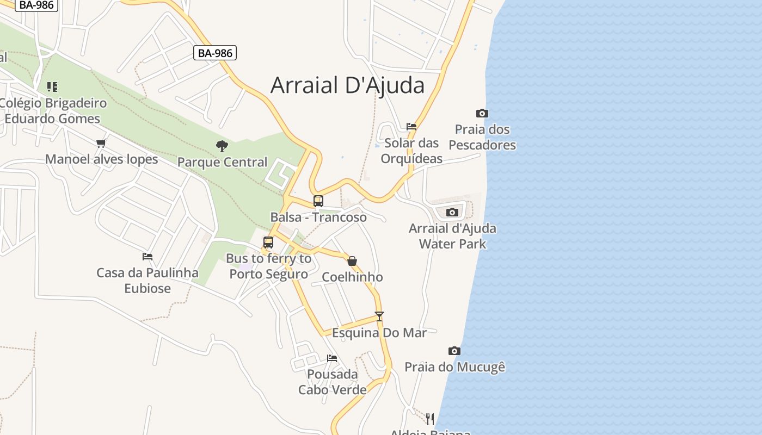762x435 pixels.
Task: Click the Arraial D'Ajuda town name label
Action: tap(347, 85)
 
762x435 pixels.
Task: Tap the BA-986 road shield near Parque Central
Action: tap(215, 53)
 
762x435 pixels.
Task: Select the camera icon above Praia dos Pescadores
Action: tap(482, 114)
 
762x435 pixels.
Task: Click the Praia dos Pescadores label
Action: tap(482, 137)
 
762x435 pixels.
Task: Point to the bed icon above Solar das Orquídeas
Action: tap(411, 127)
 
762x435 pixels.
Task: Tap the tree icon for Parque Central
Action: tap(222, 146)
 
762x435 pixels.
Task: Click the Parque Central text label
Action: tap(222, 162)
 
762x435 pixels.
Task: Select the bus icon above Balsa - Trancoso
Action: tap(318, 201)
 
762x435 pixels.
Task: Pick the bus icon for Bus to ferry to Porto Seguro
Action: tap(268, 243)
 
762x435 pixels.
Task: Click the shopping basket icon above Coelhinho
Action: tap(352, 261)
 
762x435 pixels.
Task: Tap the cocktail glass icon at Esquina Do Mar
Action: tap(379, 316)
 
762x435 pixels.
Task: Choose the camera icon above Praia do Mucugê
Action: tap(454, 351)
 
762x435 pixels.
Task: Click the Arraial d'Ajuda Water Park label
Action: tap(452, 236)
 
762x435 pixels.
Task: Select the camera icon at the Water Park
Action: tap(452, 213)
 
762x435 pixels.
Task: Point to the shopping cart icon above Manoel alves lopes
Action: tap(101, 144)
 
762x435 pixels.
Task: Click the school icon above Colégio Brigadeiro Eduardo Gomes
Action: tap(52, 86)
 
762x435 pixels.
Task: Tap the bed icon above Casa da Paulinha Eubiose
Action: tap(148, 257)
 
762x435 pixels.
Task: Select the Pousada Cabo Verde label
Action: tap(332, 382)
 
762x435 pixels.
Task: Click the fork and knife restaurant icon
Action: tap(430, 419)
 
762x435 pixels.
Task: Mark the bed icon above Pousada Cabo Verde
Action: tap(332, 358)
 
